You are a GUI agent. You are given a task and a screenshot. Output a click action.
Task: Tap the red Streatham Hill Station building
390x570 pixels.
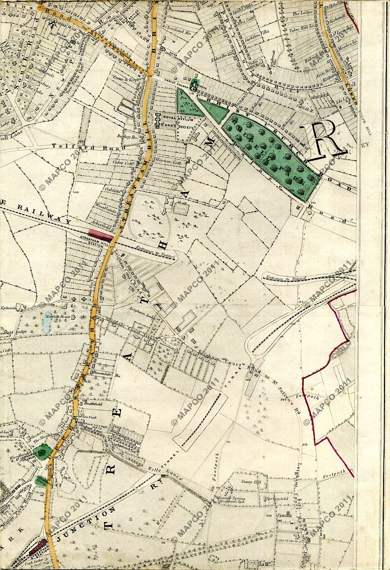[x=101, y=234]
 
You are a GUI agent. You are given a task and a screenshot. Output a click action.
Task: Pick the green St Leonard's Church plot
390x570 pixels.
[x=41, y=452]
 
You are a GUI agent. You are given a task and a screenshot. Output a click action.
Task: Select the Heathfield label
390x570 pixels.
[x=93, y=403]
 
